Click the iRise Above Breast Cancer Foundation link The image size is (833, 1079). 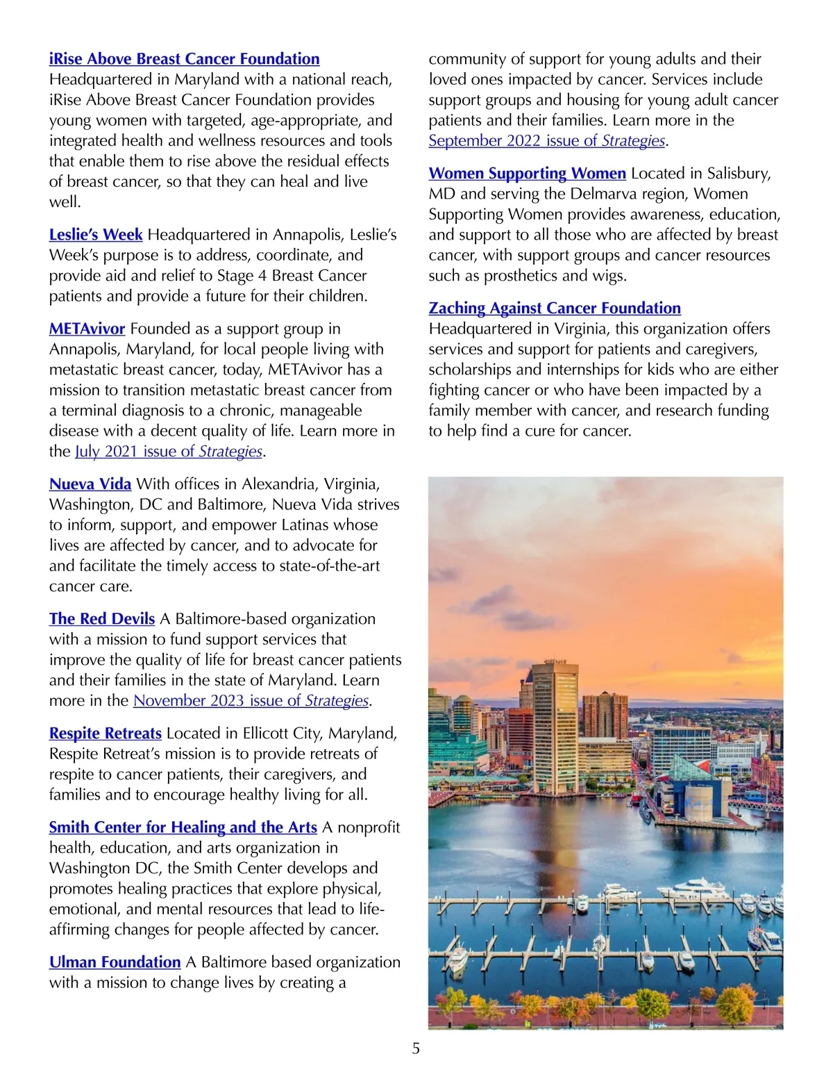184,59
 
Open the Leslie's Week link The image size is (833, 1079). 96,235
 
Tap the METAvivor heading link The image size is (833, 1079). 87,329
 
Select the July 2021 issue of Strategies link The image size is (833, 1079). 169,452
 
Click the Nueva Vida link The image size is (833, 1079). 90,484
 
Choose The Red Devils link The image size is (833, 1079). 102,619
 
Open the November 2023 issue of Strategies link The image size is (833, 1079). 251,701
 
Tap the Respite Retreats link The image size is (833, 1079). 106,734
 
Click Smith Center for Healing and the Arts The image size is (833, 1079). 183,827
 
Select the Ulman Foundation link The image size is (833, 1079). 115,962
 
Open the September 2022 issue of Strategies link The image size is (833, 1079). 547,141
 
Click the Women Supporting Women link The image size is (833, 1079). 527,174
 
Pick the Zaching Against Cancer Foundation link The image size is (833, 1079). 555,308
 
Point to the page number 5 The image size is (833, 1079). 416,1048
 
